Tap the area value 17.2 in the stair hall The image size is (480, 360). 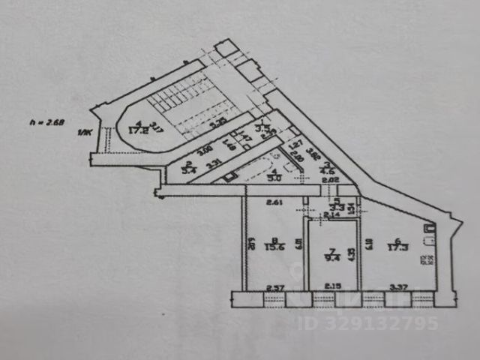[136, 130]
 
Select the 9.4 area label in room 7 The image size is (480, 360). [329, 256]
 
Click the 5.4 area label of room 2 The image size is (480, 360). [190, 170]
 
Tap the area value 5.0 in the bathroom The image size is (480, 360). [274, 178]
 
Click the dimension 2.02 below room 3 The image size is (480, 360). [330, 181]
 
